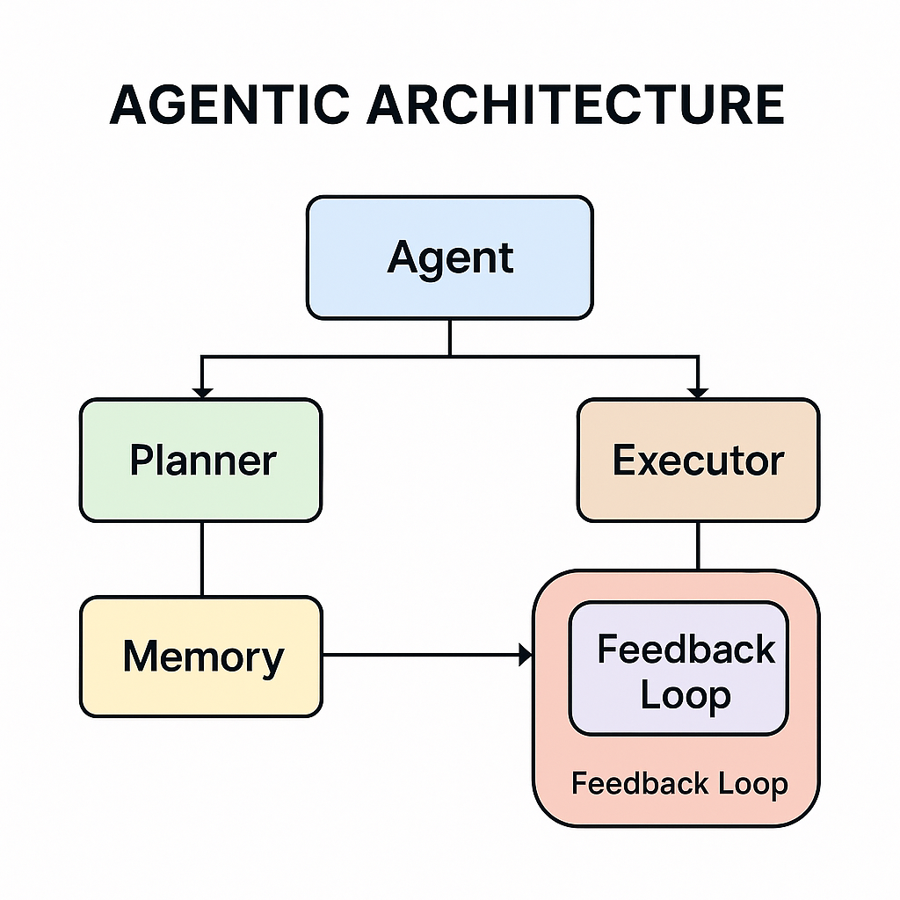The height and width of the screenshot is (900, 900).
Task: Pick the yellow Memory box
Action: (x=200, y=694)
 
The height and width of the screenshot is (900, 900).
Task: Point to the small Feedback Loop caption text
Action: (x=679, y=783)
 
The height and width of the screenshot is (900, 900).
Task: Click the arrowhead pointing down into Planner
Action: (x=202, y=391)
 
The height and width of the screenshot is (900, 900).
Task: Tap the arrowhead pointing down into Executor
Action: (x=698, y=391)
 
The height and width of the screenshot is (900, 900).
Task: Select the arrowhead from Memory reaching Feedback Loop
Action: (x=526, y=655)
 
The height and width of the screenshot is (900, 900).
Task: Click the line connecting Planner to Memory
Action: (x=202, y=559)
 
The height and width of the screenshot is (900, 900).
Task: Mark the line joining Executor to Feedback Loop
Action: (x=698, y=546)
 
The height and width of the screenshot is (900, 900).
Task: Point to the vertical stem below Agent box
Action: (x=449, y=337)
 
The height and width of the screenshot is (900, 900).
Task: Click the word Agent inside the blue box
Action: (x=449, y=258)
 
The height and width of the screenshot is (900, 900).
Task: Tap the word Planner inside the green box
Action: (x=202, y=461)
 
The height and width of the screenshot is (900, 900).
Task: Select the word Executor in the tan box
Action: (x=698, y=461)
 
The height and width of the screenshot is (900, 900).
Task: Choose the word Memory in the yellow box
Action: (x=203, y=657)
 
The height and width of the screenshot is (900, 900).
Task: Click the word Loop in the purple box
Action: (x=685, y=695)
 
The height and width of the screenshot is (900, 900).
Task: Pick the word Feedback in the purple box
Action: (x=686, y=650)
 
